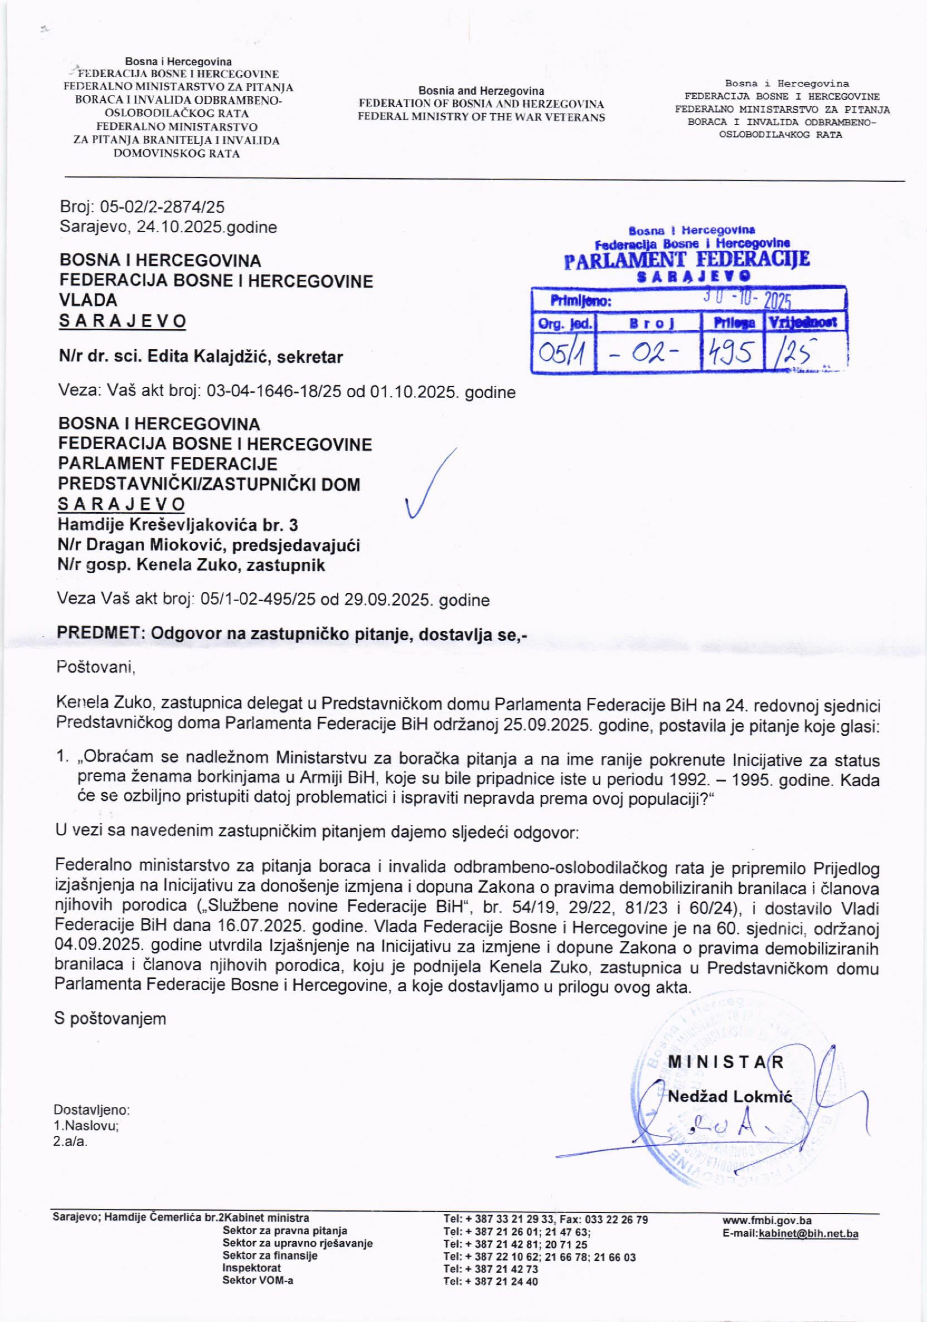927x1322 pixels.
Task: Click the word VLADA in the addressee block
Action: pos(88,300)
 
